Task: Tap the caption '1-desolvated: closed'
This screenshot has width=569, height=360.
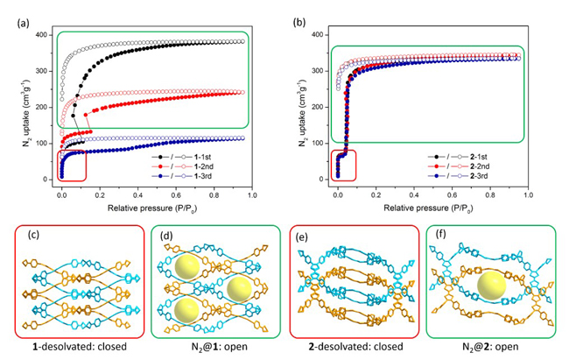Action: coord(70,347)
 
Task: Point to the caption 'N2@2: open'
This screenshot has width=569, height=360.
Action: coord(495,347)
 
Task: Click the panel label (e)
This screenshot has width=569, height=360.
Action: coord(301,236)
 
